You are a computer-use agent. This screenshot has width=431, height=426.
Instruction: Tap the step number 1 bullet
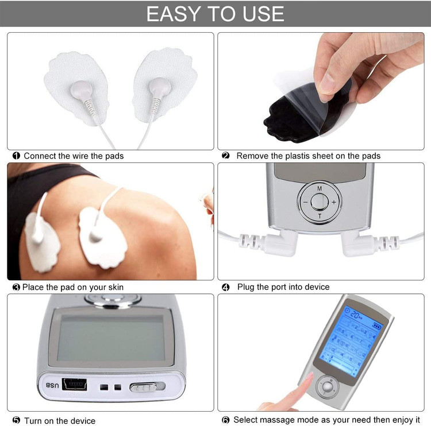click(x=16, y=156)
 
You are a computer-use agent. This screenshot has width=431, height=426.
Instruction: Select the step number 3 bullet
click(x=16, y=287)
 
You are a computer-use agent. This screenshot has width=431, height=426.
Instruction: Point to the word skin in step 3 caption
click(x=116, y=287)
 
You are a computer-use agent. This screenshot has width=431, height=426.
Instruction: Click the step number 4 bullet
click(x=226, y=287)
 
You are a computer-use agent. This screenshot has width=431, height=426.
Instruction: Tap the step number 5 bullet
click(x=16, y=420)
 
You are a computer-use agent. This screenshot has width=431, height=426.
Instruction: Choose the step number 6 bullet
click(x=226, y=420)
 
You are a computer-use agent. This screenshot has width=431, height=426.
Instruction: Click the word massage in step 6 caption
click(x=277, y=420)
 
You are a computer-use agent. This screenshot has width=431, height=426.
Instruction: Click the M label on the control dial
click(x=320, y=189)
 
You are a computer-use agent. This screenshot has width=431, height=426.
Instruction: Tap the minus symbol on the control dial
click(x=305, y=202)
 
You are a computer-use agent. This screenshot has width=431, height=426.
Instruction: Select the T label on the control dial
click(x=320, y=216)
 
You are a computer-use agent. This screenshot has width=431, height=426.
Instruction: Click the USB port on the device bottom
click(x=75, y=384)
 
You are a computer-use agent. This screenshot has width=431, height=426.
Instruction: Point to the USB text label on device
click(x=52, y=385)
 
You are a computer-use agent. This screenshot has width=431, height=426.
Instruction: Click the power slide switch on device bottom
click(x=147, y=387)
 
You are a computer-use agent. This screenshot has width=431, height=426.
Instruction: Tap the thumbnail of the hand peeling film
click(x=321, y=91)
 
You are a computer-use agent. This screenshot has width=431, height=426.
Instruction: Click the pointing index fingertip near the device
click(x=310, y=376)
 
